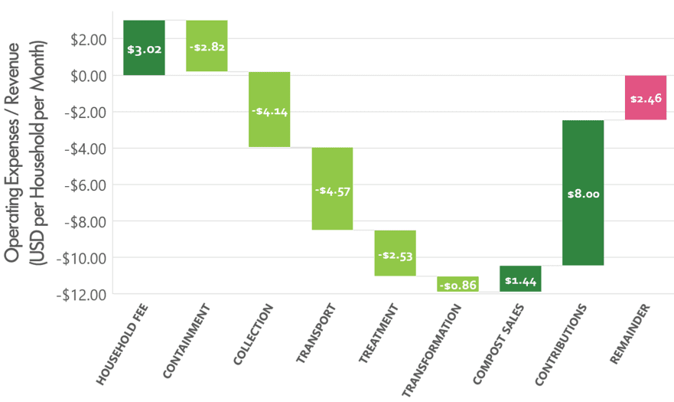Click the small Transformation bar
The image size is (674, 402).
pos(457,284)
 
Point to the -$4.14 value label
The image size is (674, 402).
pos(269,111)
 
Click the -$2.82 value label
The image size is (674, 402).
pos(207,47)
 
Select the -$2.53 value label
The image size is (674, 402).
pos(395,255)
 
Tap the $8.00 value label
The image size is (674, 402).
pos(583,194)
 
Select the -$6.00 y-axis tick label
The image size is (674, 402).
pos(83,185)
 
